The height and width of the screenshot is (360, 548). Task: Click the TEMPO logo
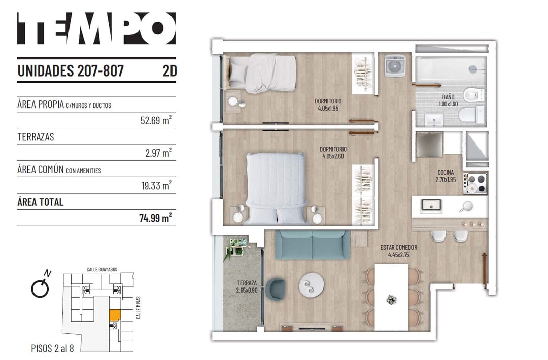point(96,28)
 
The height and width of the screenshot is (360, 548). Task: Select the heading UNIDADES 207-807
point(71,71)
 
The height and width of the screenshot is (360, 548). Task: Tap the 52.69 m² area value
point(156,120)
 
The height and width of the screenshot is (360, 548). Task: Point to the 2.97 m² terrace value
point(158,153)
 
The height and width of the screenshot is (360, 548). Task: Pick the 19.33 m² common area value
point(156,185)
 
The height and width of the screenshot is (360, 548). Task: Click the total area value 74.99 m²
point(155,218)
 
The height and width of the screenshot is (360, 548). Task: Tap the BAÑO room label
point(448,97)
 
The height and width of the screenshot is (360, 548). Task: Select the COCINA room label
point(446,173)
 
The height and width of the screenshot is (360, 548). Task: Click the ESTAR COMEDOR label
point(399,248)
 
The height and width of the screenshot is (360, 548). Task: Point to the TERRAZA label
point(247,283)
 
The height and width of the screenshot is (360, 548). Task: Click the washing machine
point(395,65)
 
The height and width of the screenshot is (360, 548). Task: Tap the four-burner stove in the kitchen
point(475,184)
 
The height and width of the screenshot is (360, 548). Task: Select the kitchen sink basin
point(431,205)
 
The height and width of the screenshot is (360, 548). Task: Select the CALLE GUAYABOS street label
point(102,270)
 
